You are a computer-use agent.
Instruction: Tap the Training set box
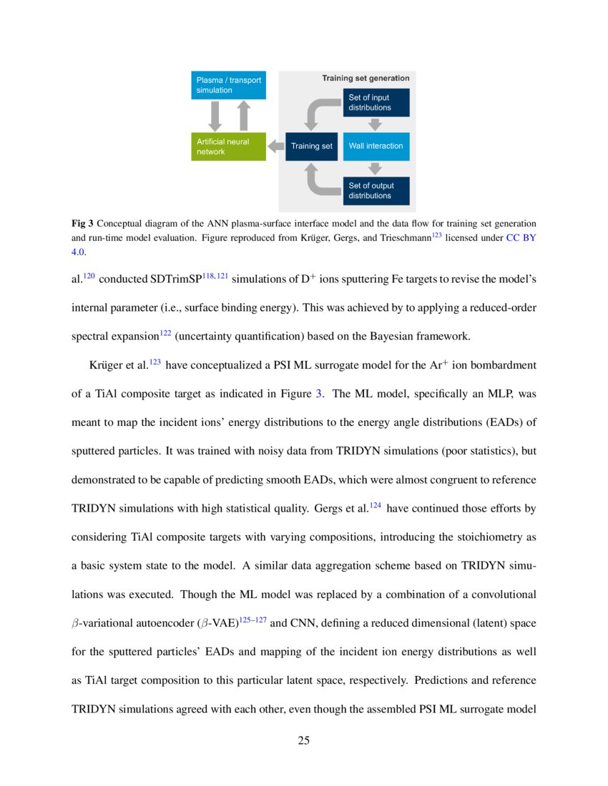[311, 146]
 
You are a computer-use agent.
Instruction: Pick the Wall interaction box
[376, 146]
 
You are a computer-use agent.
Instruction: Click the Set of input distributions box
[376, 102]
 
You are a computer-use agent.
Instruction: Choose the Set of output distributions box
[376, 191]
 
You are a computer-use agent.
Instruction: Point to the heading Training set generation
[366, 78]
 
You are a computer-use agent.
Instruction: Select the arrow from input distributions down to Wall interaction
[375, 124]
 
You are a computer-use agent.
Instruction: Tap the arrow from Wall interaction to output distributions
[375, 169]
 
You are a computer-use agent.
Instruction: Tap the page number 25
[304, 740]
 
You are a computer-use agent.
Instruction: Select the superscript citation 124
[375, 504]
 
